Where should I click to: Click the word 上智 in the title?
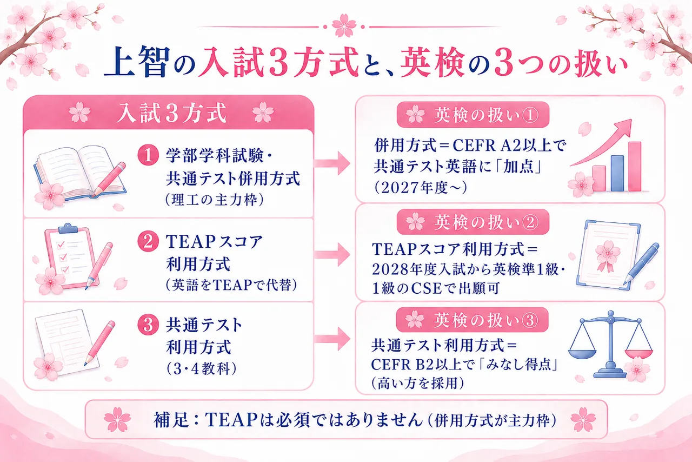[137, 61]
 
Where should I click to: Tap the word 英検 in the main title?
[433, 62]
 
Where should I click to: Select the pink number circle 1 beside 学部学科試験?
[148, 155]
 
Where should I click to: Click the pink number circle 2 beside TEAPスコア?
[148, 241]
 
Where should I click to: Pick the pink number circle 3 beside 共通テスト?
[148, 325]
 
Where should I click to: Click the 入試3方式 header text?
[172, 113]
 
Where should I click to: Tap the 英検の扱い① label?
[487, 115]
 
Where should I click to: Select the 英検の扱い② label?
[487, 222]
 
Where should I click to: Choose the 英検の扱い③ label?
[486, 320]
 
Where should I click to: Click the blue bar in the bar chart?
[617, 174]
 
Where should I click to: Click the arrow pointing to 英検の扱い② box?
[332, 254]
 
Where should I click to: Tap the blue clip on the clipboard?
[68, 228]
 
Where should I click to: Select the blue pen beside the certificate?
[641, 264]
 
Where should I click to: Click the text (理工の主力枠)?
[215, 200]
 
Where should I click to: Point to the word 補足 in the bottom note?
[171, 420]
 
